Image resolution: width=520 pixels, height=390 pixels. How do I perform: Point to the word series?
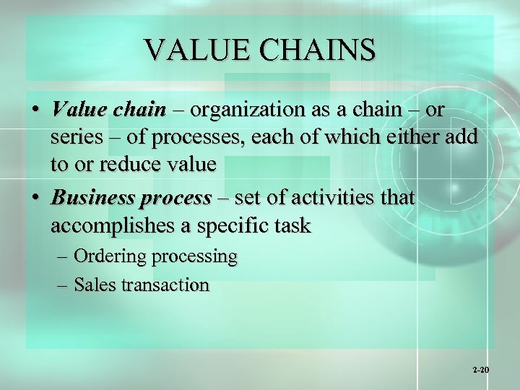[77, 137]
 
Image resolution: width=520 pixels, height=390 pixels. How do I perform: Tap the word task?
[292, 226]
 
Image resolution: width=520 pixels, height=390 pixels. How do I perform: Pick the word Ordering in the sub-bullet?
[108, 256]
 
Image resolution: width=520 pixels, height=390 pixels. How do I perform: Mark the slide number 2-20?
[481, 370]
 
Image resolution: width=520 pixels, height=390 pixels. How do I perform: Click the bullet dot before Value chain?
[35, 110]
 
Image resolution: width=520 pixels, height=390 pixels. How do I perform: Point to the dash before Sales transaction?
[62, 285]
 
